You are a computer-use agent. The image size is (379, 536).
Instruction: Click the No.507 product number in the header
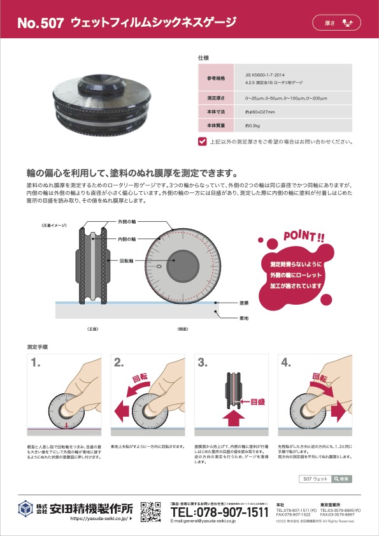41,24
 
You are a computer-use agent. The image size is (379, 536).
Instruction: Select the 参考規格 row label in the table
217,78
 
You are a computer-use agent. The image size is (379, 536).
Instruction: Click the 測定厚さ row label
217,98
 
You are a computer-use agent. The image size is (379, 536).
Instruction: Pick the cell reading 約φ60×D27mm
260,112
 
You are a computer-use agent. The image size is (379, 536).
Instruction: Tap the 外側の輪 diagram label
126,222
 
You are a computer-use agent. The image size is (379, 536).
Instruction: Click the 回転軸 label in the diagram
125,261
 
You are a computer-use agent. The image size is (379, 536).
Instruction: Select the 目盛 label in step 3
257,402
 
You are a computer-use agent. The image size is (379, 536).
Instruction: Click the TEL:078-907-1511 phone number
220,512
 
